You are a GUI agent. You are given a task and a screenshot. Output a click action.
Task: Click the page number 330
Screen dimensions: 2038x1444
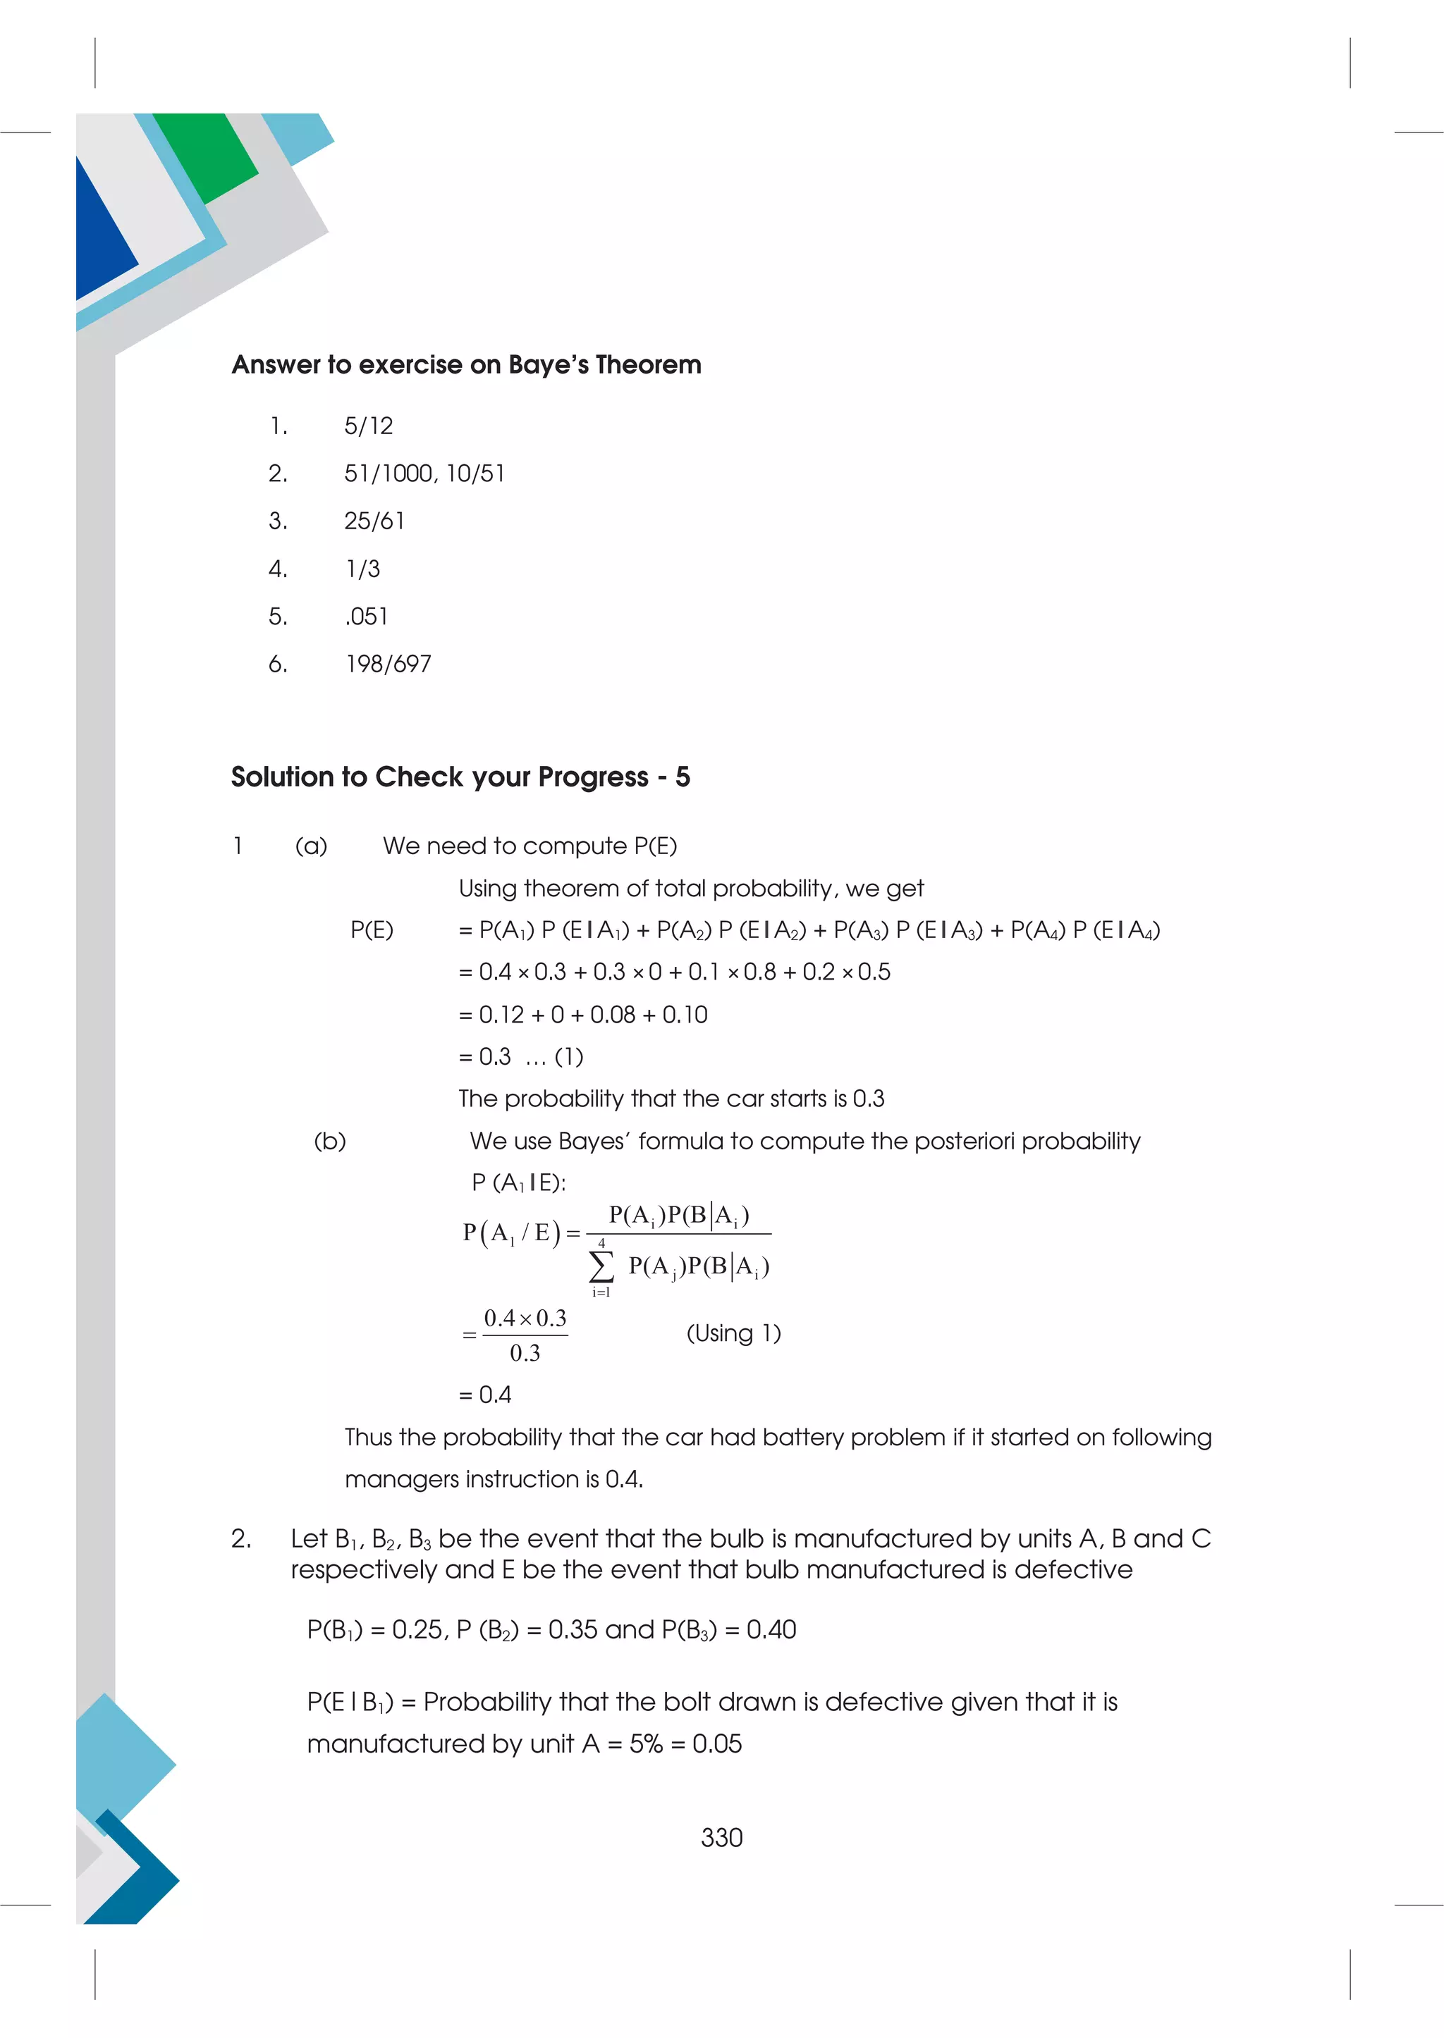pos(721,1837)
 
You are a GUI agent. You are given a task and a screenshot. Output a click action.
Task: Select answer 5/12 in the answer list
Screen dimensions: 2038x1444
pos(368,426)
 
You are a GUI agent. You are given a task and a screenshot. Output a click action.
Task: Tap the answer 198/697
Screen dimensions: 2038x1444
pos(388,664)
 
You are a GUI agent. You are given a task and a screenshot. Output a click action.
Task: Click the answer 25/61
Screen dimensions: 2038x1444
pos(374,521)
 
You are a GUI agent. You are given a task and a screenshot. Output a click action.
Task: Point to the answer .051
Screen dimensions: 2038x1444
pos(367,616)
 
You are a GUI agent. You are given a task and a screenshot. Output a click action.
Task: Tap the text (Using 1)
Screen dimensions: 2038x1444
pos(733,1333)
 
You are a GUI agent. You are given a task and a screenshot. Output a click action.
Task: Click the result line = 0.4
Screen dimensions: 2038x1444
pos(486,1395)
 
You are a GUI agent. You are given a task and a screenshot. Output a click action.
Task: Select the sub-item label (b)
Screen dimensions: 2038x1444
pos(330,1141)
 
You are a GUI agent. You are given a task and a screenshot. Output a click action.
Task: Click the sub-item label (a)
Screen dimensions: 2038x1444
pos(311,846)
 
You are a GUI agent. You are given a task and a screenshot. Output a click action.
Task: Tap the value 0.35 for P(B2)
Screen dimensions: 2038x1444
pos(573,1630)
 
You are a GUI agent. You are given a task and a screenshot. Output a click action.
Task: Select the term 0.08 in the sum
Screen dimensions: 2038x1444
pos(613,1015)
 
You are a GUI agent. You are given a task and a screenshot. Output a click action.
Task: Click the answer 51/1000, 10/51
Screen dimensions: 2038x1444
pos(424,474)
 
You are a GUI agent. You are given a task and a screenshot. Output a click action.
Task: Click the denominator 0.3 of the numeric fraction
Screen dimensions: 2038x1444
pos(525,1354)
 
